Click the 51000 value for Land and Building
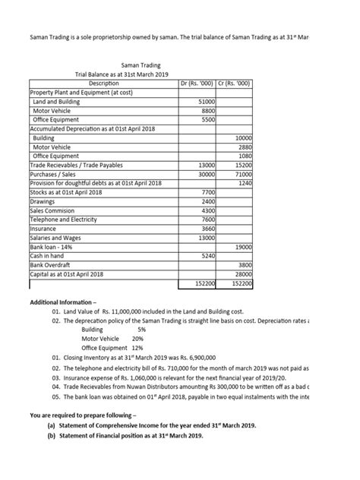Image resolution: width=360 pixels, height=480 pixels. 206,101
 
